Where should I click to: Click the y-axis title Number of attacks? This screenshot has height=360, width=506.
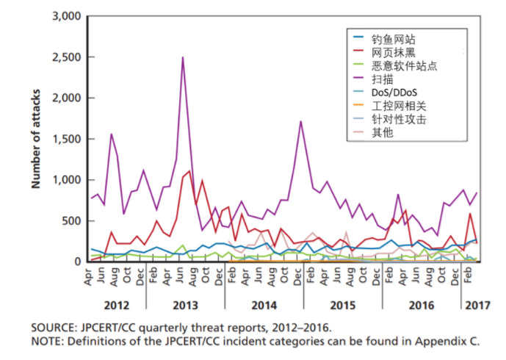click(35, 139)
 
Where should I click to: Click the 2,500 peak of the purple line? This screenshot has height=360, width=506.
click(182, 57)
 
